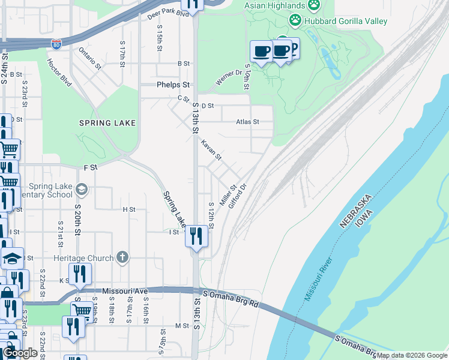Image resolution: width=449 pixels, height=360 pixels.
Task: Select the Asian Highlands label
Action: pyautogui.click(x=275, y=5)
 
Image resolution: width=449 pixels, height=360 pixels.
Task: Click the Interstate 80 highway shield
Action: pyautogui.click(x=56, y=44)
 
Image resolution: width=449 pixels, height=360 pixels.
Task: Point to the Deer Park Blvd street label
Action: pyautogui.click(x=168, y=14)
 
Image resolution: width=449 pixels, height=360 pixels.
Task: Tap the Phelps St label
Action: pyautogui.click(x=173, y=85)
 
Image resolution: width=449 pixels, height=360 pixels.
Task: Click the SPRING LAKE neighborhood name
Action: pyautogui.click(x=107, y=123)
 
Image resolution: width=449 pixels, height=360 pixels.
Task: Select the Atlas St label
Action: pyautogui.click(x=247, y=122)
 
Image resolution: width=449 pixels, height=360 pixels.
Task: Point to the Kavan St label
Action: pyautogui.click(x=211, y=150)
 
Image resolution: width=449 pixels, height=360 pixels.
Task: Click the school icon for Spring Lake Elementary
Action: pyautogui.click(x=82, y=190)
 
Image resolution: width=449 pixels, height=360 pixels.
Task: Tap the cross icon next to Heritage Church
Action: pyautogui.click(x=122, y=258)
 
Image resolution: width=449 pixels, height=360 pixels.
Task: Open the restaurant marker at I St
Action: pyautogui.click(x=196, y=236)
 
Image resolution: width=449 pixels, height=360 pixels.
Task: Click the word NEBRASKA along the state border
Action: pyautogui.click(x=356, y=211)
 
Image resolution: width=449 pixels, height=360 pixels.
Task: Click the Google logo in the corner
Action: pyautogui.click(x=20, y=353)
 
